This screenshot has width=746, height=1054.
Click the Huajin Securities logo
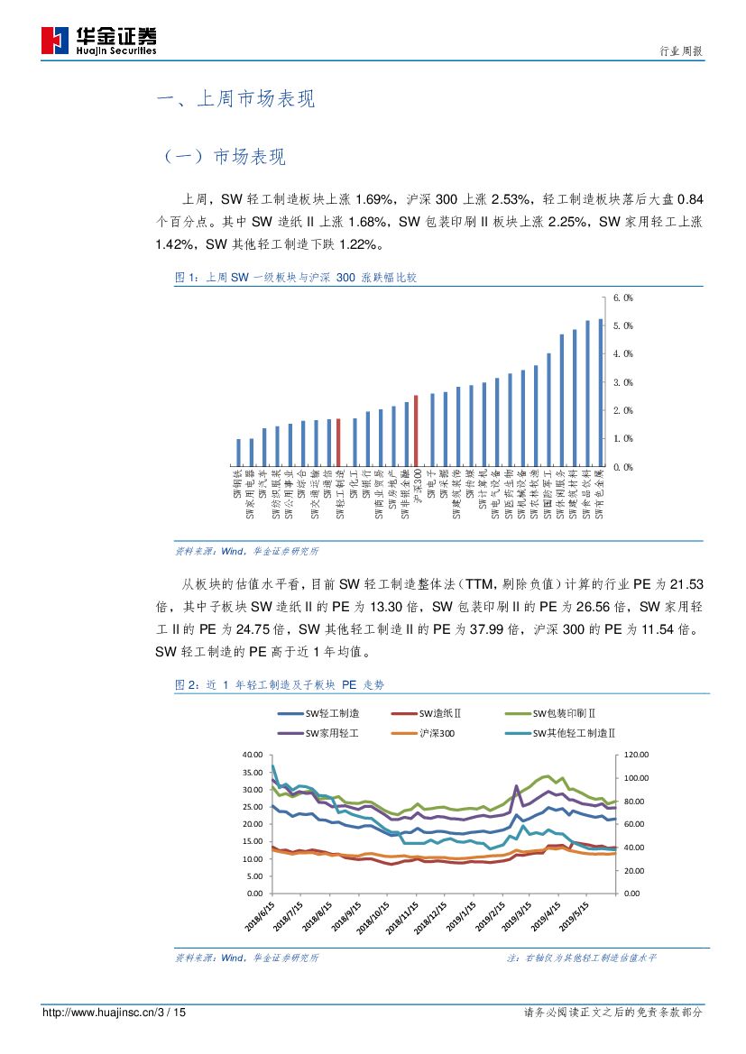pyautogui.click(x=99, y=40)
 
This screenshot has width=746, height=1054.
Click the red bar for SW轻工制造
pyautogui.click(x=338, y=443)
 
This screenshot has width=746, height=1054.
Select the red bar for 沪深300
pyautogui.click(x=416, y=431)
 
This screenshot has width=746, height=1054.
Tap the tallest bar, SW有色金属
pyautogui.click(x=601, y=392)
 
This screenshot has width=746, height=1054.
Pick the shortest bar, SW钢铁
pyautogui.click(x=239, y=453)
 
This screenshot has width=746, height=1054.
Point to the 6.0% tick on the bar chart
pyautogui.click(x=622, y=298)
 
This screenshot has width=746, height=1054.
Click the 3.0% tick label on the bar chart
pyautogui.click(x=622, y=382)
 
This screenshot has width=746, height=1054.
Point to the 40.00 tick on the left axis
pyautogui.click(x=251, y=755)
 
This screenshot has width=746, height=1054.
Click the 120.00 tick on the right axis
pyautogui.click(x=637, y=755)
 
